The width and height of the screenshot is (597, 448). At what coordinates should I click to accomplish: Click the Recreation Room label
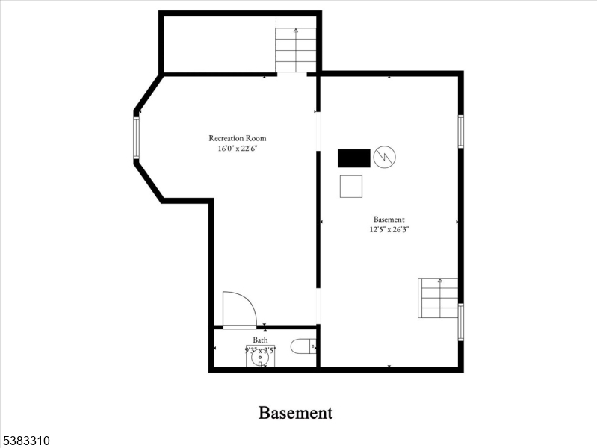[237, 138]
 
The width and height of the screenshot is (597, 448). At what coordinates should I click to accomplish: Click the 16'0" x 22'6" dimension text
[237, 149]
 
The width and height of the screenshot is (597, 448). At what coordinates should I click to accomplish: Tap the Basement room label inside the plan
[389, 220]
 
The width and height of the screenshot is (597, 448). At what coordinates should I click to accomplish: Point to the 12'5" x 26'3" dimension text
[389, 230]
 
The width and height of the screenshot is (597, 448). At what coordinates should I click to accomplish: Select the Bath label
[260, 340]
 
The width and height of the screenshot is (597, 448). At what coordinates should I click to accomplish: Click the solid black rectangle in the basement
[354, 158]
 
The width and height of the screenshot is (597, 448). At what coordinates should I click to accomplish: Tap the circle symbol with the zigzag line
[385, 157]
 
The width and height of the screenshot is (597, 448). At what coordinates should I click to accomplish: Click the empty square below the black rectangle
[350, 186]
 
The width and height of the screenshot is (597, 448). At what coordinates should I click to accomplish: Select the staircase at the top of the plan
[296, 50]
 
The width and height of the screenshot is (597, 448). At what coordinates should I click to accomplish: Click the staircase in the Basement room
[439, 298]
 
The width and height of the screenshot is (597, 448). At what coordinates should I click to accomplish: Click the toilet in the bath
[304, 346]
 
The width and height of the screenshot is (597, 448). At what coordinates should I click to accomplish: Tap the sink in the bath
[259, 357]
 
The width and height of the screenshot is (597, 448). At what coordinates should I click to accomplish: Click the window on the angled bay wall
[137, 137]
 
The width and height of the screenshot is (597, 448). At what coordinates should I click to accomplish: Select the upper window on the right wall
[461, 131]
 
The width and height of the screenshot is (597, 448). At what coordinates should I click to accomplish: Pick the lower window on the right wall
[461, 322]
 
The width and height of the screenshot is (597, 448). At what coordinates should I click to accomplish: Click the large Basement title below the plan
[295, 412]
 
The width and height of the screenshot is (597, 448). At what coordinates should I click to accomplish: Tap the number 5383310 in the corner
[25, 441]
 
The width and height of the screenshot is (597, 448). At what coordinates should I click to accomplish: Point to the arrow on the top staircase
[296, 31]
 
